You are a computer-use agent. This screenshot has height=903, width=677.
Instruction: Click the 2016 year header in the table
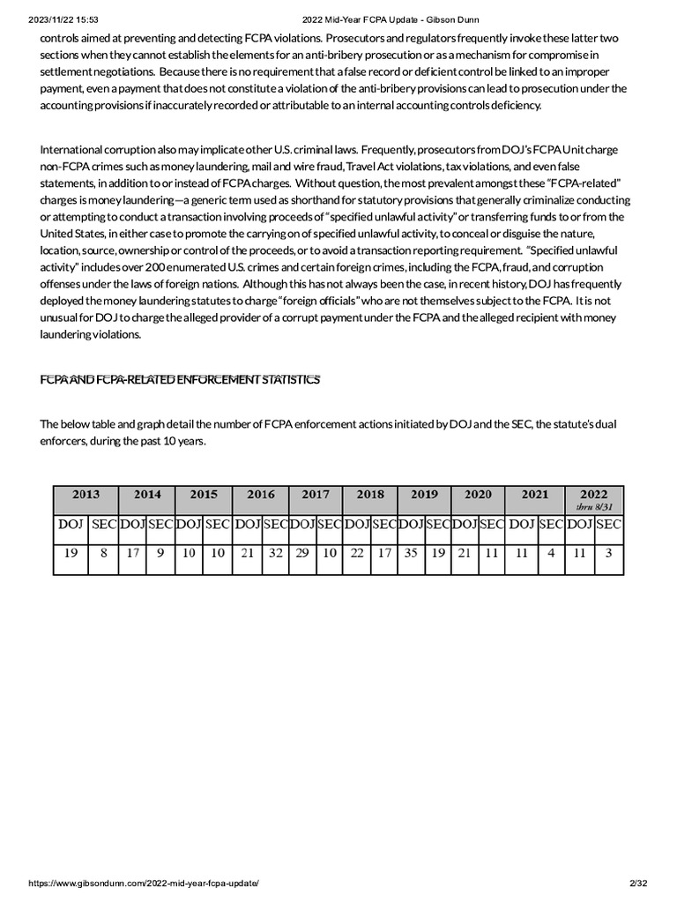click(261, 495)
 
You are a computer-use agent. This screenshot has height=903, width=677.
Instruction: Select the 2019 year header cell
click(424, 495)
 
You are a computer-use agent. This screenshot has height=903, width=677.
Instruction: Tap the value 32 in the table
click(276, 554)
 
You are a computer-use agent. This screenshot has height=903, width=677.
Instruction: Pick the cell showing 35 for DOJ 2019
click(411, 554)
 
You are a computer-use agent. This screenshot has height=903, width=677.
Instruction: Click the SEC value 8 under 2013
click(103, 554)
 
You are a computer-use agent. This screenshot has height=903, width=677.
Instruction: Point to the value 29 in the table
click(302, 554)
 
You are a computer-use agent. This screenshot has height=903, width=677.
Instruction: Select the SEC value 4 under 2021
click(551, 554)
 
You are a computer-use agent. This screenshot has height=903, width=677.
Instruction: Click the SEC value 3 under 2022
click(608, 554)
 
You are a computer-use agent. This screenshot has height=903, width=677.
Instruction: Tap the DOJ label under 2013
click(71, 525)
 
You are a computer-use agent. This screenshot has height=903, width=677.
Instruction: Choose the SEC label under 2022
click(608, 525)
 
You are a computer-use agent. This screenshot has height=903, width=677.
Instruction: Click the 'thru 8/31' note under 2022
click(594, 507)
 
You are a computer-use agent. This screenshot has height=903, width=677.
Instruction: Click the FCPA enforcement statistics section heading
click(180, 380)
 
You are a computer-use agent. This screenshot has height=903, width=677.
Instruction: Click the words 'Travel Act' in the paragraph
click(373, 167)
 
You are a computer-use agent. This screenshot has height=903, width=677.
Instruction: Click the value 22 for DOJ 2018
click(357, 554)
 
